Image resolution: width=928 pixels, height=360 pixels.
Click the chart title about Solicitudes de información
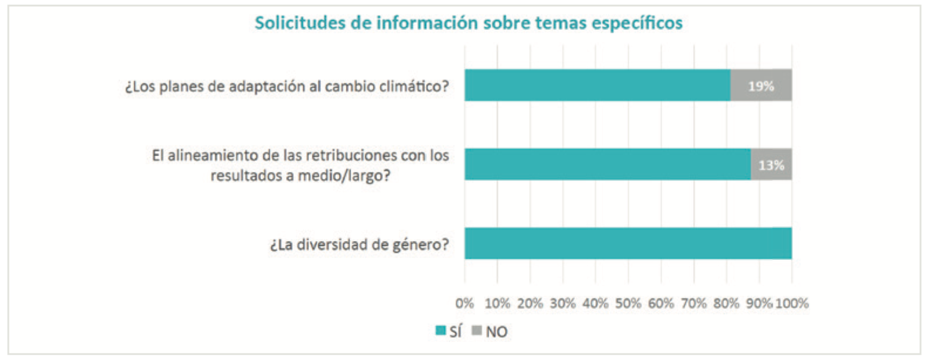(x=469, y=23)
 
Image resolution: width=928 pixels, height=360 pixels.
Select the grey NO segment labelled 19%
(x=761, y=85)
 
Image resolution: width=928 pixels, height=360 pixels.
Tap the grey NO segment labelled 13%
(x=771, y=164)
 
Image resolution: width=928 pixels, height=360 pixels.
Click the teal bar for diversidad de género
(x=628, y=243)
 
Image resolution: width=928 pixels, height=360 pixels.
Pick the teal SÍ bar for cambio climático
(x=597, y=85)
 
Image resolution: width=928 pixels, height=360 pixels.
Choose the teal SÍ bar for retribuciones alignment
(x=607, y=164)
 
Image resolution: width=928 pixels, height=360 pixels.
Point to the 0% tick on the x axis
(x=465, y=303)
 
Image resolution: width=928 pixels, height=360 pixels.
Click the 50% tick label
(x=628, y=303)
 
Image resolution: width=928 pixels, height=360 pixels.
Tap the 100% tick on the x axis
(x=792, y=303)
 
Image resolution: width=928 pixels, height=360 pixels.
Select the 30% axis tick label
(x=563, y=303)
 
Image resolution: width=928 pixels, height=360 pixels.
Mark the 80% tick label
(x=726, y=303)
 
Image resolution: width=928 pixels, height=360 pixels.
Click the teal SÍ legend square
(x=441, y=330)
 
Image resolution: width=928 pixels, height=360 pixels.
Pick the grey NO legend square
(x=477, y=330)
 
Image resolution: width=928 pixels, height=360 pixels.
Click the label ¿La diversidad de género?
(x=359, y=245)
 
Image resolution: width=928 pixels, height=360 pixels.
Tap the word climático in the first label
(x=414, y=86)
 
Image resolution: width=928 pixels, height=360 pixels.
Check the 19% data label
(x=761, y=86)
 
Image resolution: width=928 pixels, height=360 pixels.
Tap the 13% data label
(x=771, y=165)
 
